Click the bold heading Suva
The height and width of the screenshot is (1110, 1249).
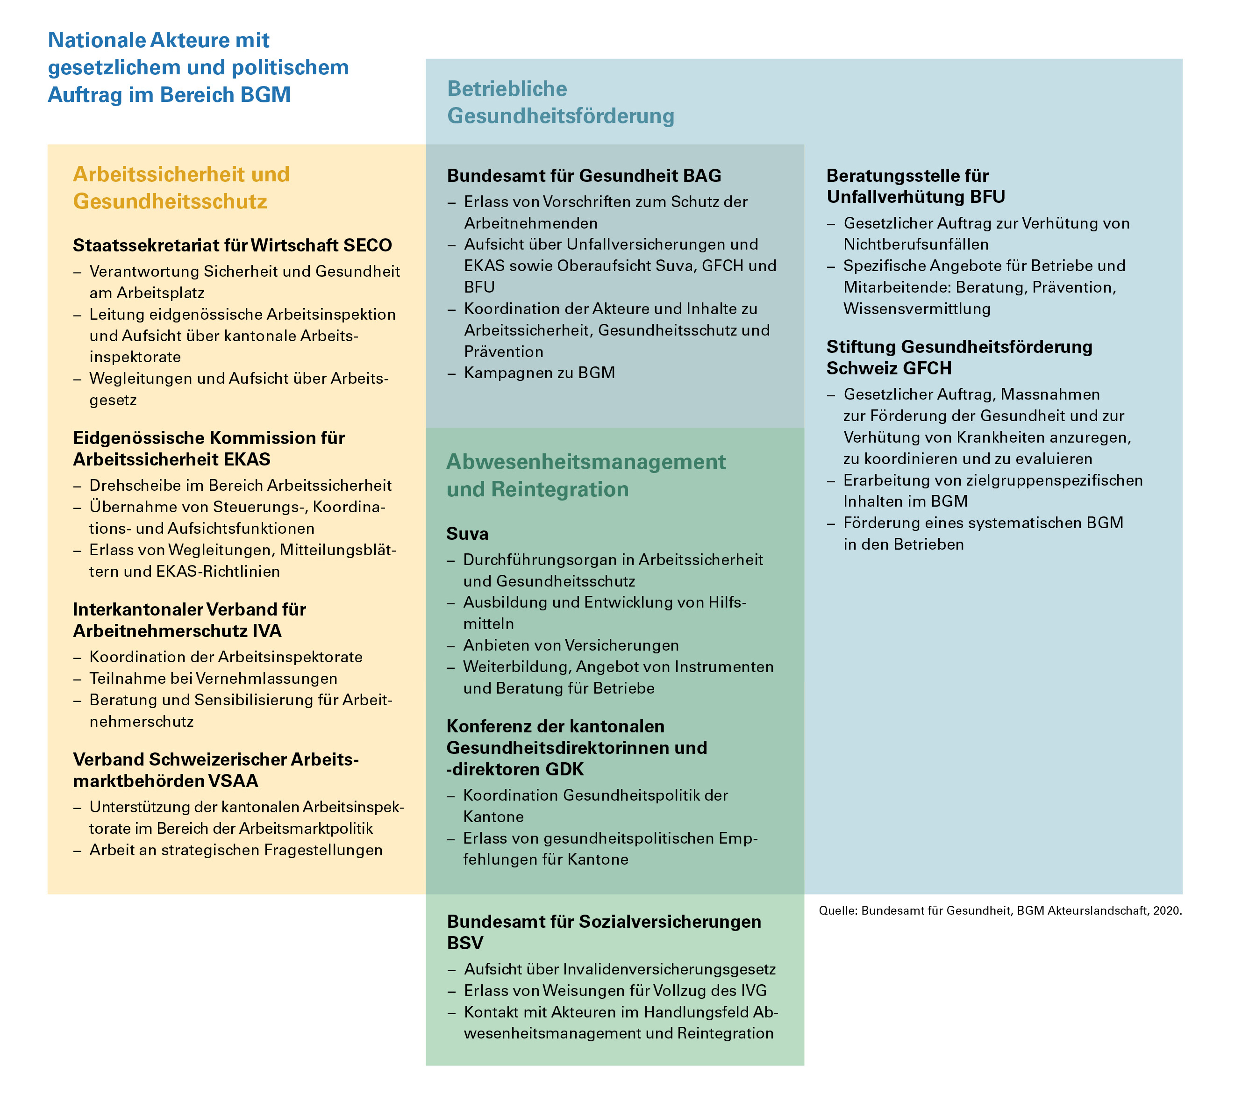[x=467, y=534]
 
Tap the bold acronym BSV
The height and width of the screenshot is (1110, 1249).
[x=465, y=943]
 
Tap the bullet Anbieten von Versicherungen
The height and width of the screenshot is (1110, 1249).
[x=571, y=645]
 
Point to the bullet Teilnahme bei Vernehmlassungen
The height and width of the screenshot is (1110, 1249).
[x=213, y=679]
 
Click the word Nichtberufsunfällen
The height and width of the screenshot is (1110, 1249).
[x=915, y=244]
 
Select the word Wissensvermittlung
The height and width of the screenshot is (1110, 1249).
[x=917, y=308]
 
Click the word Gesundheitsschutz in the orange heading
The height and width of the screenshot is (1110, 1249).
[x=170, y=202]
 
